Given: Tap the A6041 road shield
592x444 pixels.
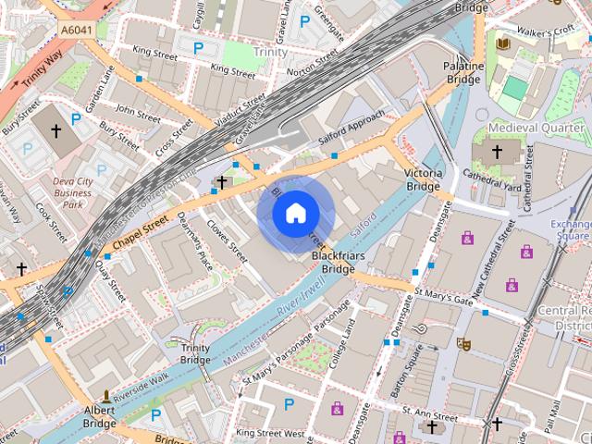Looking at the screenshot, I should click(x=77, y=31).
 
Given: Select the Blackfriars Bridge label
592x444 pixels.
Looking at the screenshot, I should click(x=333, y=262).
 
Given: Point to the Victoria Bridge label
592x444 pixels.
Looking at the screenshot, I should click(x=423, y=179).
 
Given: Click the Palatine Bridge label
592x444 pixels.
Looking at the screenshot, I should click(x=464, y=74).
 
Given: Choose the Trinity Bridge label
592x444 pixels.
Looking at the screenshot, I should click(x=195, y=353).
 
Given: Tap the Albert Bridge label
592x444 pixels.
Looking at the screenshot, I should click(x=99, y=416).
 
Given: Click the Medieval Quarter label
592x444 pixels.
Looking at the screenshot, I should click(x=524, y=127).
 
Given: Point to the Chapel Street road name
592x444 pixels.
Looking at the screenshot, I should click(x=141, y=230).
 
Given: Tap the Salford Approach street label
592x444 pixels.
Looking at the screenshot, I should click(x=352, y=128).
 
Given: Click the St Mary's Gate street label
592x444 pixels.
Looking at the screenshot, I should click(x=444, y=295).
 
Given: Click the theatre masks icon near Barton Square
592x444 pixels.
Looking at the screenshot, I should click(x=463, y=343).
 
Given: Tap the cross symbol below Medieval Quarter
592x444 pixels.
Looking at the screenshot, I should click(x=497, y=151).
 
